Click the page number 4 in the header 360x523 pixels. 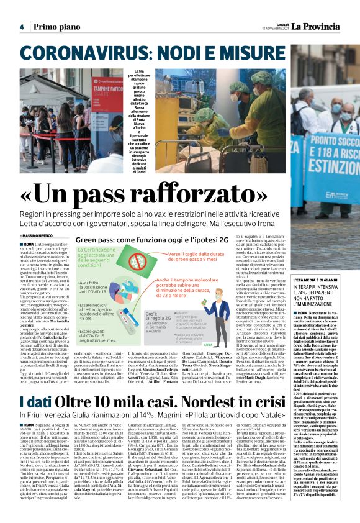21,27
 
